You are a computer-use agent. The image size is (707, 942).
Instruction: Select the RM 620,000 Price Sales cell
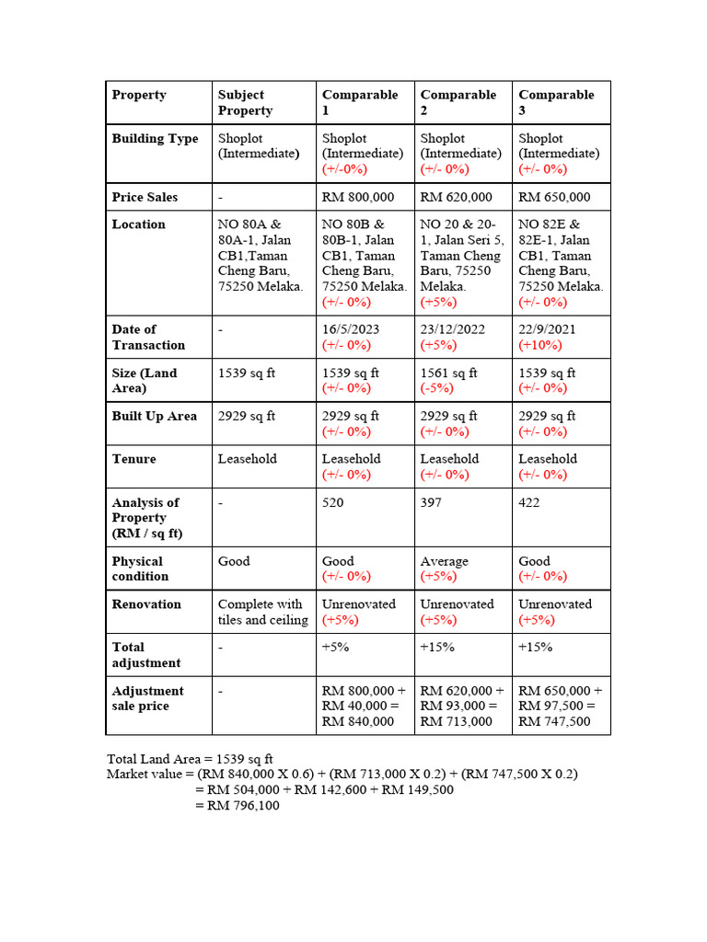tap(457, 197)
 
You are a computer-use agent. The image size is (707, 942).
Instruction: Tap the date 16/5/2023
tap(351, 329)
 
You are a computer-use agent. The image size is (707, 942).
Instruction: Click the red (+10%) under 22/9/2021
tap(540, 345)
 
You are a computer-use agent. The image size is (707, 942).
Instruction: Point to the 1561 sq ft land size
tap(449, 373)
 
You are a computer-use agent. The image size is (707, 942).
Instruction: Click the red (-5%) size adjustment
tap(438, 388)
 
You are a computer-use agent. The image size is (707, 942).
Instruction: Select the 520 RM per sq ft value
tap(332, 502)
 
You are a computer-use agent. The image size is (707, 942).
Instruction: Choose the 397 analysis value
tap(431, 502)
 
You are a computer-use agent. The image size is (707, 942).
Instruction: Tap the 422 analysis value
tap(529, 502)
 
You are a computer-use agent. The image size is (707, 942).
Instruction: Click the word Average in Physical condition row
tap(445, 561)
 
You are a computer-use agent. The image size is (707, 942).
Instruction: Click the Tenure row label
tap(134, 459)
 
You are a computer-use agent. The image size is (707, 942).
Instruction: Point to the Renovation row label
tap(146, 604)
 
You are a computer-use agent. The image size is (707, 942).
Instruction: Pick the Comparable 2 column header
tap(458, 102)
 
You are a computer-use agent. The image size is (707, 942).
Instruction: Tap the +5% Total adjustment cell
tap(333, 647)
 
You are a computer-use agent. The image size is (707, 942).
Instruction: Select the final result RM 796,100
tap(244, 806)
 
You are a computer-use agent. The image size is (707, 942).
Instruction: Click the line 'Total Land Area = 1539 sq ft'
tap(190, 759)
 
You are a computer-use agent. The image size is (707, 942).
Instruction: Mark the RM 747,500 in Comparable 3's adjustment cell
tap(555, 721)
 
